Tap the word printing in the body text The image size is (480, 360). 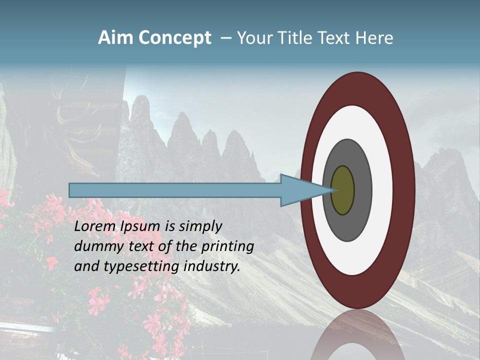pyautogui.click(x=227, y=247)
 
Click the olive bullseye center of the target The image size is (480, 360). pyautogui.click(x=343, y=190)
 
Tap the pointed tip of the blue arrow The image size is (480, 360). pyautogui.click(x=332, y=190)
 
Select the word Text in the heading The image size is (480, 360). pyautogui.click(x=336, y=38)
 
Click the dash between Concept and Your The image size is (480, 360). pyautogui.click(x=226, y=38)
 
